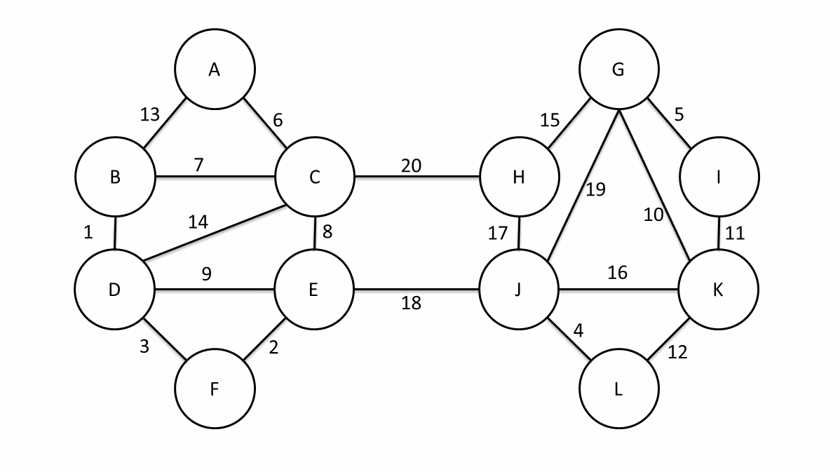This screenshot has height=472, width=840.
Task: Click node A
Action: [215, 69]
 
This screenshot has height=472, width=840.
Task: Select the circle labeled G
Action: [618, 69]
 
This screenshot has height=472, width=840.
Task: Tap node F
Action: [215, 389]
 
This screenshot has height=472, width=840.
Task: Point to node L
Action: [618, 389]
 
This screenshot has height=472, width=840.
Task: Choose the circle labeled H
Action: [519, 177]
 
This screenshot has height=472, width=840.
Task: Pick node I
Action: [718, 177]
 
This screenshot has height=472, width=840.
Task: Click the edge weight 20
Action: [412, 166]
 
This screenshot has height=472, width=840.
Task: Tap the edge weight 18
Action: [412, 303]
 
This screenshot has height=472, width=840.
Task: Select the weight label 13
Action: [150, 114]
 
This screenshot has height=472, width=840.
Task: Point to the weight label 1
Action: [88, 233]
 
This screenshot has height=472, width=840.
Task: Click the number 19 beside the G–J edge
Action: [595, 189]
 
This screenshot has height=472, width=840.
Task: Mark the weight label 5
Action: [679, 114]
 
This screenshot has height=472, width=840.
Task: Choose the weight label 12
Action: [677, 353]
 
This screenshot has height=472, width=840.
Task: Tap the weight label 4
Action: [578, 330]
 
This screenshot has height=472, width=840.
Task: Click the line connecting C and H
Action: [417, 176]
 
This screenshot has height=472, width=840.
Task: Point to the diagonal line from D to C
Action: [214, 235]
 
